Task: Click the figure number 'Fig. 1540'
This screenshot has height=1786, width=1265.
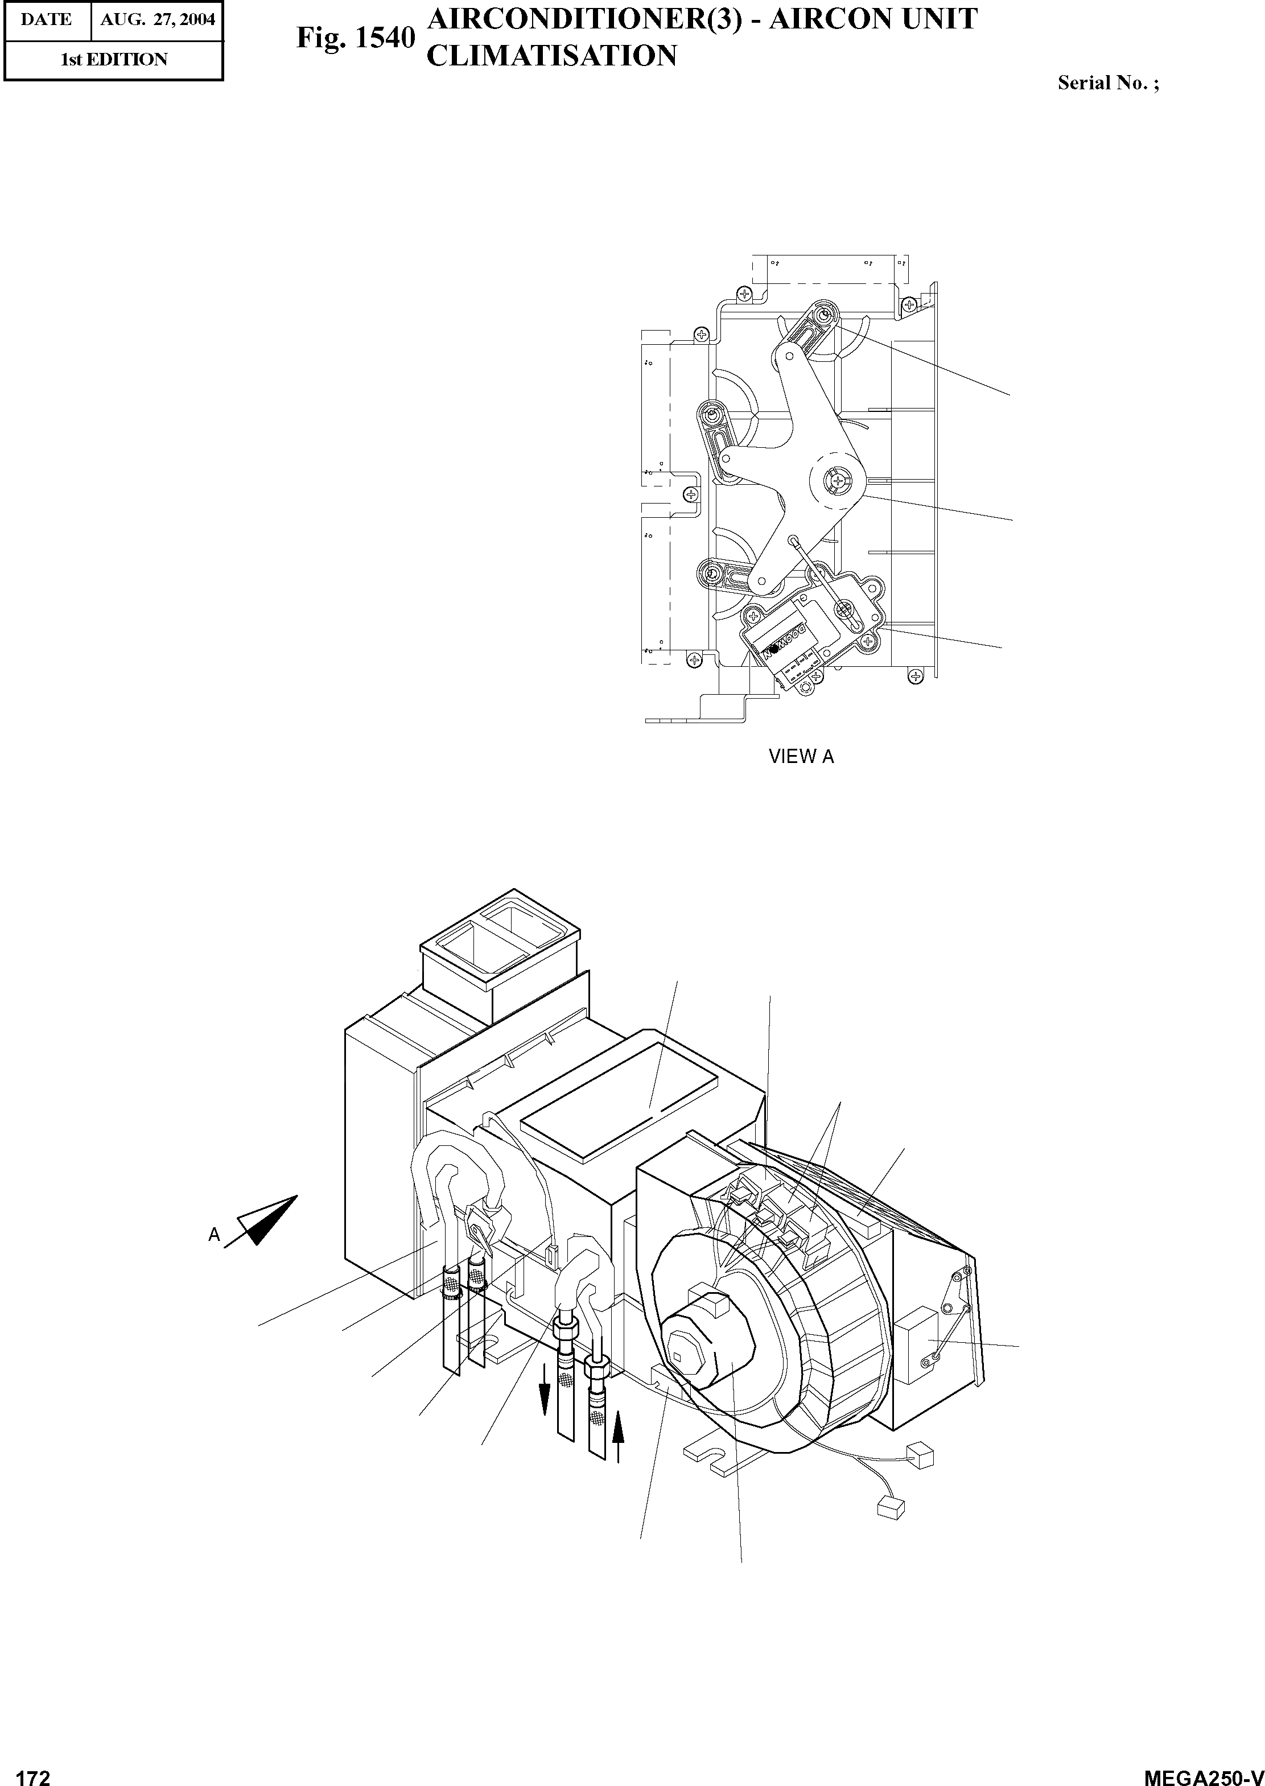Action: click(355, 38)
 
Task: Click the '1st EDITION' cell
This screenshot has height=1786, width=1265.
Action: click(114, 60)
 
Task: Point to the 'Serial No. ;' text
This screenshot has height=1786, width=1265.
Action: click(1107, 83)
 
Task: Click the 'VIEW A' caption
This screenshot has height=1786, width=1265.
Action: click(801, 756)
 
